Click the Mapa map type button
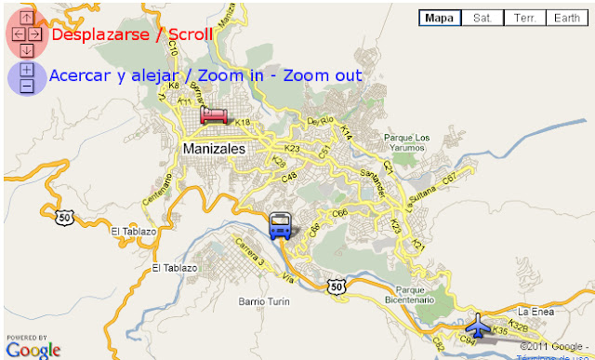[x=440, y=18]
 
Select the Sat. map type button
[x=482, y=18]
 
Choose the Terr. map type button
[x=524, y=18]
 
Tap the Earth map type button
[x=567, y=18]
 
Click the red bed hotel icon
[x=213, y=115]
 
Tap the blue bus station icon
[x=279, y=225]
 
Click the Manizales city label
[x=215, y=149]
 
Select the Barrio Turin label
[x=265, y=301]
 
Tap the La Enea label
[x=536, y=311]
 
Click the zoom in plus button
[x=27, y=70]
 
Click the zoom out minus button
[x=27, y=86]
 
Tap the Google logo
[x=33, y=349]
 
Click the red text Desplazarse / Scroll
[x=132, y=34]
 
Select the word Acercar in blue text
[x=80, y=75]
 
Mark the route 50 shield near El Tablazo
[x=63, y=217]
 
